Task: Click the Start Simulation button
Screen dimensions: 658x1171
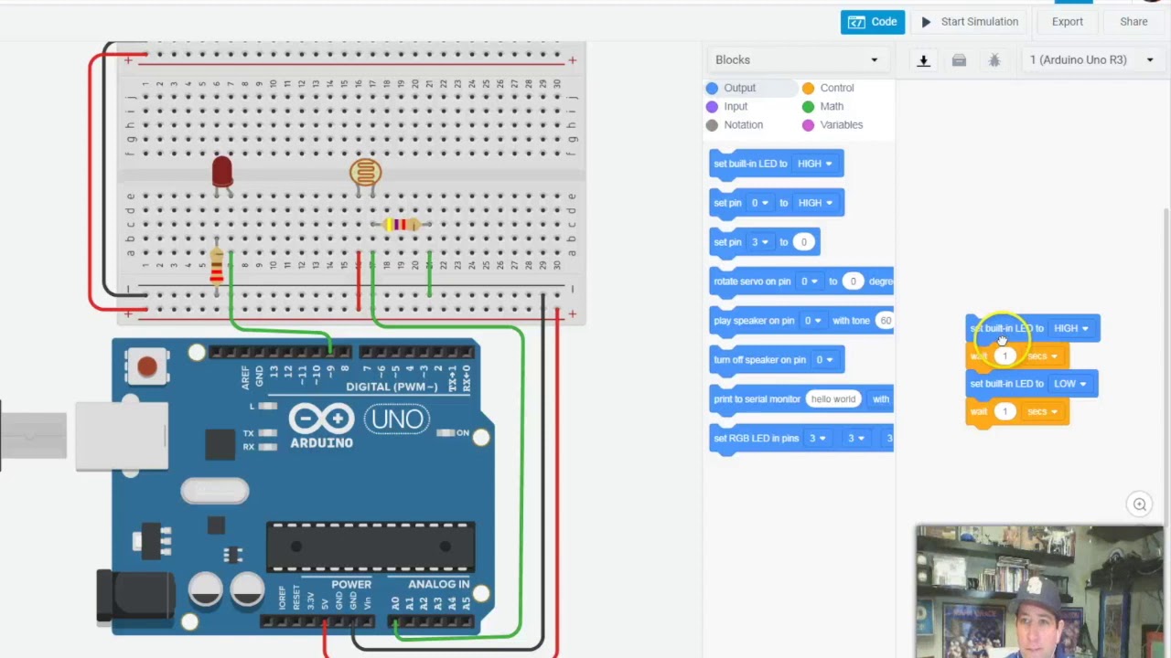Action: point(969,22)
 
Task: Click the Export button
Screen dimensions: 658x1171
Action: point(1067,22)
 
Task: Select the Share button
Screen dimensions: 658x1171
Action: point(1133,22)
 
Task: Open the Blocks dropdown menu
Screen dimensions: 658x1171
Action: point(796,60)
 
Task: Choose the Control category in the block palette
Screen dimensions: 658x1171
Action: point(836,88)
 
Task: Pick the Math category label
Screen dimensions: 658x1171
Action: point(831,106)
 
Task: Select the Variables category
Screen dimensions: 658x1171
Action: point(841,124)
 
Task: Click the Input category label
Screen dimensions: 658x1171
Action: point(735,106)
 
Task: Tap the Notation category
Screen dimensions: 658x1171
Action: point(742,124)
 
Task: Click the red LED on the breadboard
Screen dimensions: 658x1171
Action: point(221,171)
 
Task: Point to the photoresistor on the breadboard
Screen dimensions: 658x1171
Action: point(365,172)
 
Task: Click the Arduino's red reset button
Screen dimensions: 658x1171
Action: point(146,367)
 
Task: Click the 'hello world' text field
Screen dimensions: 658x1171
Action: point(833,398)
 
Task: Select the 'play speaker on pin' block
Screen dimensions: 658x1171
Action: point(754,321)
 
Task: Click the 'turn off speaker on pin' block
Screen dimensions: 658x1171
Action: point(759,360)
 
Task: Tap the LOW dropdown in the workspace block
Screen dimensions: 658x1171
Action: point(1069,384)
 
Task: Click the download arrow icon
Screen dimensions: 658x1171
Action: point(923,60)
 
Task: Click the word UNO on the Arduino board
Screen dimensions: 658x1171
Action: point(398,419)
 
